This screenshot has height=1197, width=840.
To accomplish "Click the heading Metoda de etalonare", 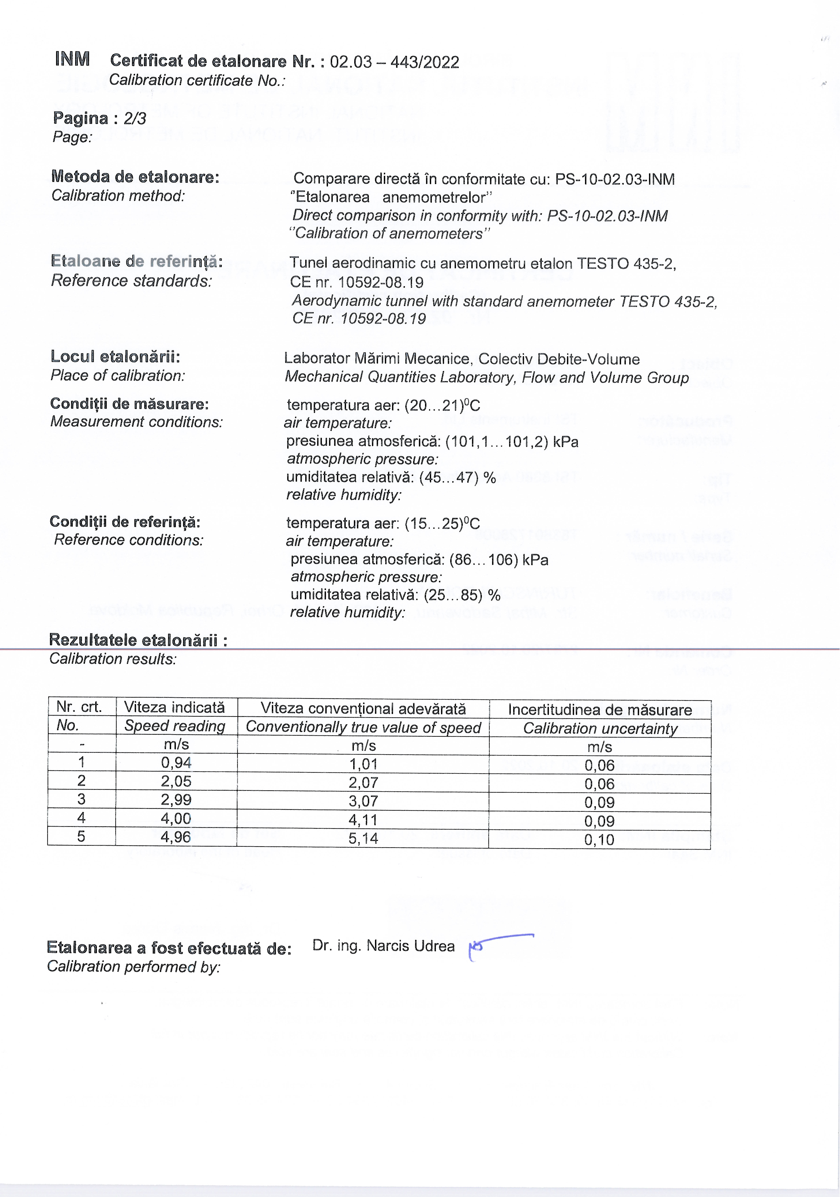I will (135, 177).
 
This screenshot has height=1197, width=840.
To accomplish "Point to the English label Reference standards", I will (132, 281).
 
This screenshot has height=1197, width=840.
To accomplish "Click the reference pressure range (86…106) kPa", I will (498, 560).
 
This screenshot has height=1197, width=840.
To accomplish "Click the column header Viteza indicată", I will (174, 707).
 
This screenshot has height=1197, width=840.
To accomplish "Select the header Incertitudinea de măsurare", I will (600, 710).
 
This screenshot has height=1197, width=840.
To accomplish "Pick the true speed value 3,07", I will (363, 801).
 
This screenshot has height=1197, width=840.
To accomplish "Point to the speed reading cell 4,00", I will (176, 819).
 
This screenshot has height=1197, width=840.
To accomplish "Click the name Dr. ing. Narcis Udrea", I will (383, 946).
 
